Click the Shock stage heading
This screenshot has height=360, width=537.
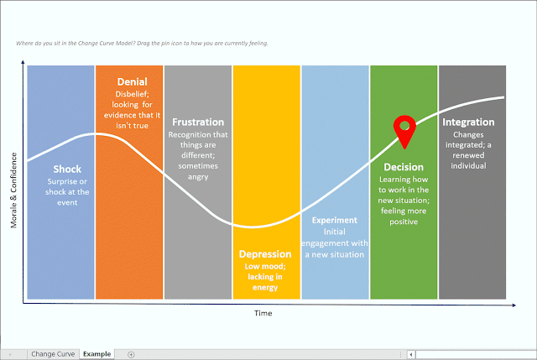click(x=67, y=169)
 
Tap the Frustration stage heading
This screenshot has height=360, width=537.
click(x=198, y=122)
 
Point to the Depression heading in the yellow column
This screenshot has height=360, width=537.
click(x=265, y=254)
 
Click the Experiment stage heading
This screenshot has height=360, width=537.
click(x=335, y=221)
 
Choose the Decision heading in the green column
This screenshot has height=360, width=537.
click(x=404, y=167)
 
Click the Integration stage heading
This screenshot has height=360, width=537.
click(x=468, y=122)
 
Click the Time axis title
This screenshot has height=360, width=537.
click(x=263, y=312)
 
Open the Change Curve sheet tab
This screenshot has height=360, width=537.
click(x=53, y=354)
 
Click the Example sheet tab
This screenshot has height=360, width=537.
click(x=96, y=354)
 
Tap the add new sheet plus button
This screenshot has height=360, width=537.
click(x=131, y=354)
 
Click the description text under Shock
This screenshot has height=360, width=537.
click(x=67, y=191)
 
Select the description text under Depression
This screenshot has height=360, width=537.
click(x=265, y=277)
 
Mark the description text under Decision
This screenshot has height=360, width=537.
click(x=404, y=201)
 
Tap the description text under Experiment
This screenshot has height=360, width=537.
click(x=335, y=243)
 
